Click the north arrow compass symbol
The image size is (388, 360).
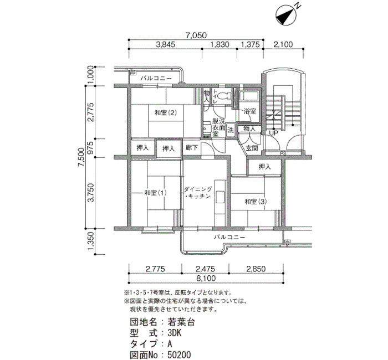coord(286,16)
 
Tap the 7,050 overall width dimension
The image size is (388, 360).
coord(196,35)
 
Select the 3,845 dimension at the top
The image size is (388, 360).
coord(166,44)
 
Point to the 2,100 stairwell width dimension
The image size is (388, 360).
coord(283,44)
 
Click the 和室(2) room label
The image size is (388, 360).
coord(166,113)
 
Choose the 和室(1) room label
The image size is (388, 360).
coord(155,193)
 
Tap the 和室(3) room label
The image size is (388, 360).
coord(256,202)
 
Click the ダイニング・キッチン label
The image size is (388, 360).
coord(198,193)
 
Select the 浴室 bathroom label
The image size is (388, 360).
coord(249,111)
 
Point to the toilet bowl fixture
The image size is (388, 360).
coord(224,95)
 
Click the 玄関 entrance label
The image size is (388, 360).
coord(252,148)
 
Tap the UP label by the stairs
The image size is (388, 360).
coord(273,133)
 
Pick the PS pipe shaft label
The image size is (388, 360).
coord(283,153)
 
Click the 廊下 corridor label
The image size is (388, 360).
coord(192,148)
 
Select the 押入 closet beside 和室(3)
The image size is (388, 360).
coord(264,167)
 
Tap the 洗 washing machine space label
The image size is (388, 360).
coord(231,130)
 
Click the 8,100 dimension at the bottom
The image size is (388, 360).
coord(206,278)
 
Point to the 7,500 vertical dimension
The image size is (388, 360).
coord(81,157)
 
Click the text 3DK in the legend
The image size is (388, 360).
coord(175,333)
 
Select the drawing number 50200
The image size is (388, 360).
coord(179,355)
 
